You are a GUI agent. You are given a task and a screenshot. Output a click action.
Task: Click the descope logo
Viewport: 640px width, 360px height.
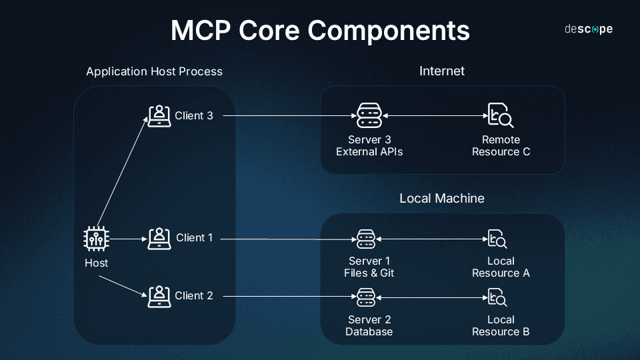click(588, 29)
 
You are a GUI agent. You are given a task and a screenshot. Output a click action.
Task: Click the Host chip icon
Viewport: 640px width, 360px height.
click(96, 239)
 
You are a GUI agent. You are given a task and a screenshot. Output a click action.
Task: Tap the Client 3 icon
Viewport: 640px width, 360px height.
click(159, 116)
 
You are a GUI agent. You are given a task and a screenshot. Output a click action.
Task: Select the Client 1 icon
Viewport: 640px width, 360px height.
click(159, 238)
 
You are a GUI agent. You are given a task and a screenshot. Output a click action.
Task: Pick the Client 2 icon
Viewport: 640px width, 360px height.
click(159, 296)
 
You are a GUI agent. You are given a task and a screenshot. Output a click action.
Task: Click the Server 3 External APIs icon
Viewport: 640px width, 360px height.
click(369, 116)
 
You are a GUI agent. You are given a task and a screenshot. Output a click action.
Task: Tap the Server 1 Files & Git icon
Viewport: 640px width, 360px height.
click(365, 239)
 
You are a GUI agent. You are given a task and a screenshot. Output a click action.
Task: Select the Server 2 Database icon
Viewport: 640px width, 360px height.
click(365, 296)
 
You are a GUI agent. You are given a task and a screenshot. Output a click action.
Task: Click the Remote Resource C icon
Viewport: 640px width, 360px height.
click(500, 116)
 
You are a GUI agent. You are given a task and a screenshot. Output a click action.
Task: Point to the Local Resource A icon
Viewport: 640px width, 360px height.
click(497, 239)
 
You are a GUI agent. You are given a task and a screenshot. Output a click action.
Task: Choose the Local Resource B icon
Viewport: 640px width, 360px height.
click(497, 296)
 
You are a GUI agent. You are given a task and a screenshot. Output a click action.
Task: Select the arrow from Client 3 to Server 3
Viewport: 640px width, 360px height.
click(287, 116)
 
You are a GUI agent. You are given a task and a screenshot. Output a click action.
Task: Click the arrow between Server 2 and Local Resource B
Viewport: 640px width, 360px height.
click(431, 296)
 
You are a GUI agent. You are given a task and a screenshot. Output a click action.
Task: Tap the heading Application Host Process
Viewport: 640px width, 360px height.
click(154, 71)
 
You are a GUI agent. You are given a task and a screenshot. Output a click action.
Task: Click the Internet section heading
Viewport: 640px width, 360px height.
click(441, 71)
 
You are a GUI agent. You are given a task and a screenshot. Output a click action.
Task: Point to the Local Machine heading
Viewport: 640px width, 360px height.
click(441, 198)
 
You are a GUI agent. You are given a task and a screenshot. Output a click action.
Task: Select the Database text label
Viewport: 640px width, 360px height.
click(369, 331)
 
